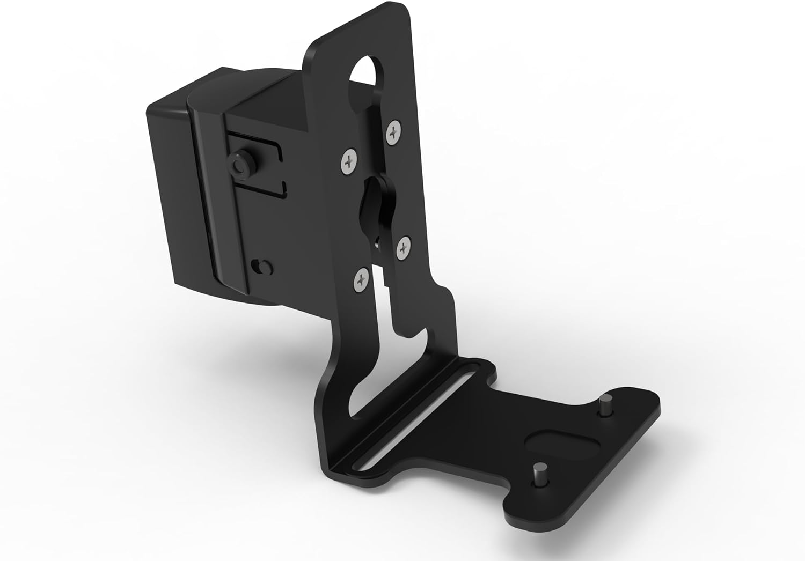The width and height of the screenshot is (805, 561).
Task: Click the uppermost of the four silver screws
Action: pos(394,131)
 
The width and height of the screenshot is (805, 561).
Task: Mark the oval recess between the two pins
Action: pos(555,439)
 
